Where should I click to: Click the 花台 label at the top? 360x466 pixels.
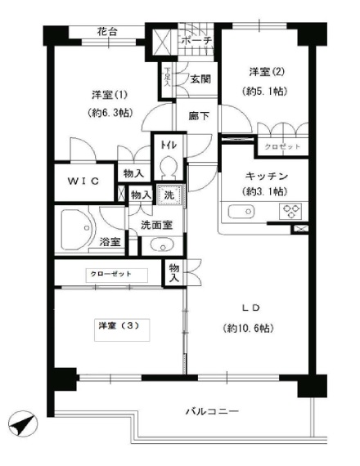click(106, 33)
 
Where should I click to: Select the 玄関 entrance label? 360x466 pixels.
click(201, 80)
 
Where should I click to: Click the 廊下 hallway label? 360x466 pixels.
click(197, 117)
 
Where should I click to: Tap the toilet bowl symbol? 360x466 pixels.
click(169, 168)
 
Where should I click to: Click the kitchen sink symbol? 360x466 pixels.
click(241, 213)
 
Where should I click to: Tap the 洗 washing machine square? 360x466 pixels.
click(168, 196)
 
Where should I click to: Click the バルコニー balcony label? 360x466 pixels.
click(211, 411)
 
